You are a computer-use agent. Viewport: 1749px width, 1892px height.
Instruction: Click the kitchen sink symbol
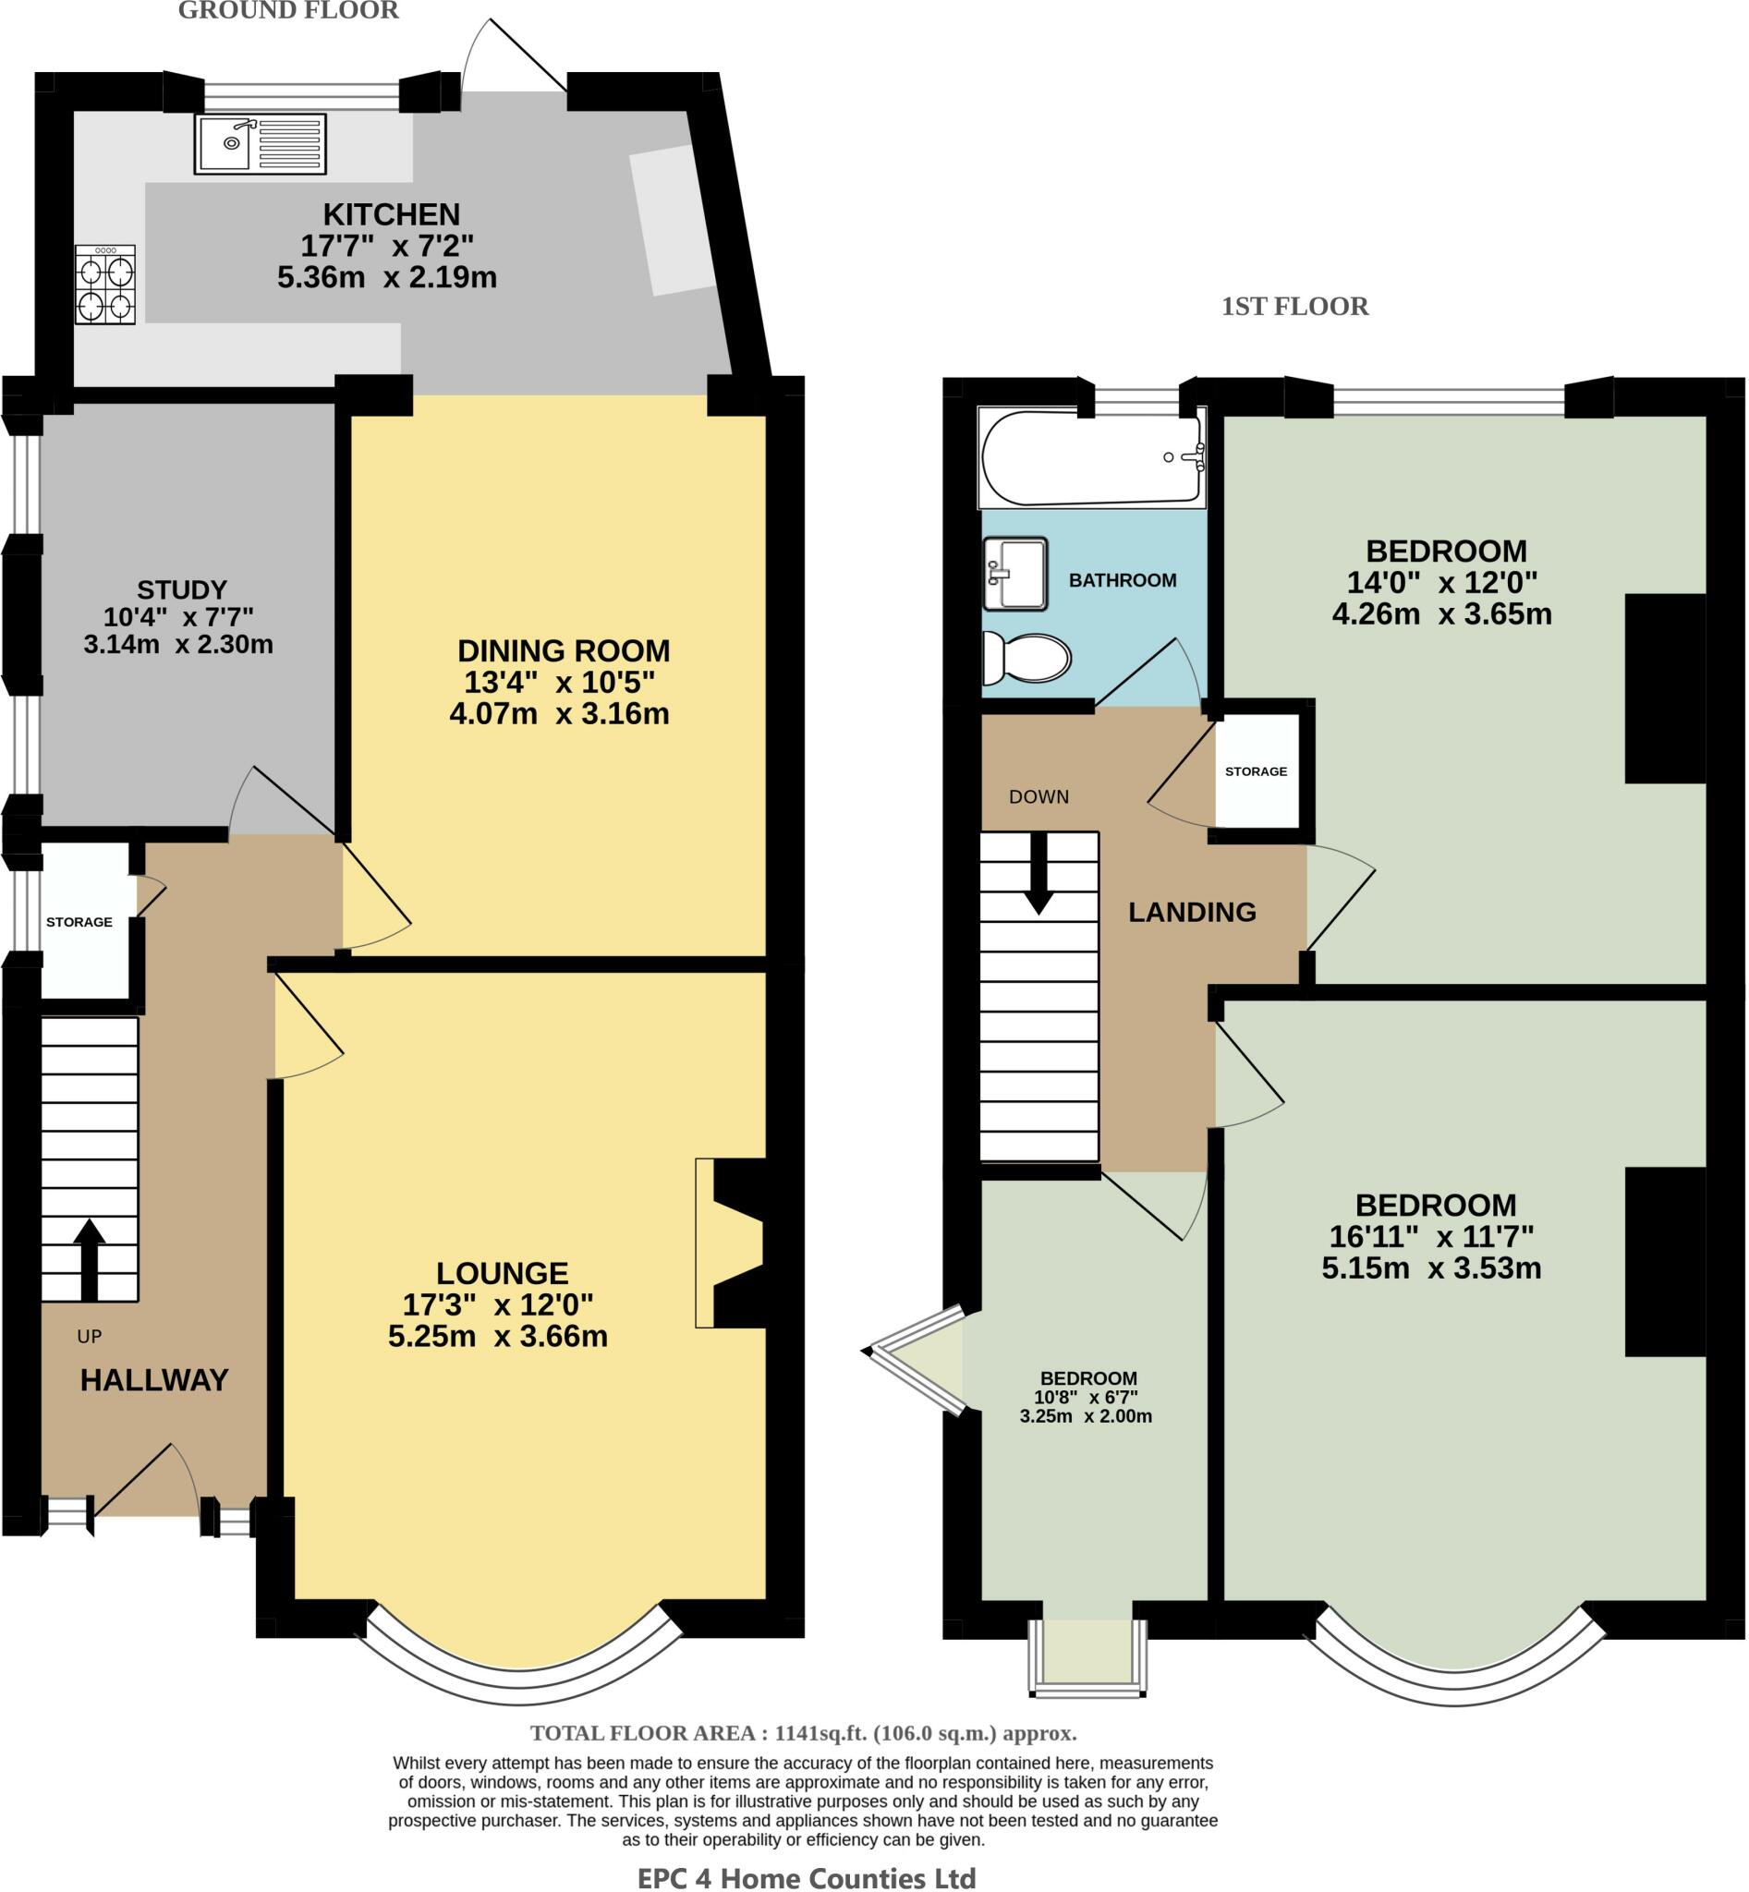coord(261,144)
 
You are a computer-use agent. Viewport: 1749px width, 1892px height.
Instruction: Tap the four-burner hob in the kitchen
coord(106,284)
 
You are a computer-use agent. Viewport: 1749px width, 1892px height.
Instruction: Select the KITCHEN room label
coord(391,214)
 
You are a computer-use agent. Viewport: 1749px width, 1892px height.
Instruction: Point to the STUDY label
coord(182,589)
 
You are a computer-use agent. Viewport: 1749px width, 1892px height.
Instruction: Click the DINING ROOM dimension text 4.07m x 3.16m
coord(558,713)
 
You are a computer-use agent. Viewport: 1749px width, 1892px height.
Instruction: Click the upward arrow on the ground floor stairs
coord(89,1259)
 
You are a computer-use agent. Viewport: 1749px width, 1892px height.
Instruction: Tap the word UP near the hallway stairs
coord(89,1337)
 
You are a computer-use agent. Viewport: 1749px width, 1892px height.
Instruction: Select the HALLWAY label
coord(154,1380)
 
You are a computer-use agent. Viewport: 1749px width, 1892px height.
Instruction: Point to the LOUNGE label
coord(502,1273)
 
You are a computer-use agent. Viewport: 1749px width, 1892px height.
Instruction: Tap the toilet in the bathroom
coord(1026,658)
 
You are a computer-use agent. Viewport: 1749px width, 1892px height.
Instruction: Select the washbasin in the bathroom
coord(1014,574)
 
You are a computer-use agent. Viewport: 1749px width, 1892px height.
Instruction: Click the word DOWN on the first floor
coord(1038,797)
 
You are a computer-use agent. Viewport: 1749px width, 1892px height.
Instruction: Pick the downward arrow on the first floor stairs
coord(1039,876)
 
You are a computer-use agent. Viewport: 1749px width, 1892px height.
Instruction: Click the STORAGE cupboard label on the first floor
coord(1256,771)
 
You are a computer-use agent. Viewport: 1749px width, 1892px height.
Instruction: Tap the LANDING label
coord(1192,913)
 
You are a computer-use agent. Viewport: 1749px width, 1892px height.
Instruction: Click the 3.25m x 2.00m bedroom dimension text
coord(1086,1417)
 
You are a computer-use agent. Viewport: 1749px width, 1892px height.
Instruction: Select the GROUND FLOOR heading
coord(287,11)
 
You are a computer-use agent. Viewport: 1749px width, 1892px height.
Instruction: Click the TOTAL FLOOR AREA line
coord(803,1733)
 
